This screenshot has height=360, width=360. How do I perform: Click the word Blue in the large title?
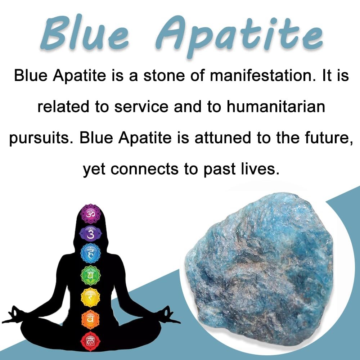(x=85, y=33)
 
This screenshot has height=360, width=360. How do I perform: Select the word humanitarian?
(x=276, y=107)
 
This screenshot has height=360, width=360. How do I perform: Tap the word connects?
(x=144, y=169)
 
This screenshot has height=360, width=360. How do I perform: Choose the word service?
(x=141, y=107)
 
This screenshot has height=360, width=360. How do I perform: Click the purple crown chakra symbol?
(x=90, y=213)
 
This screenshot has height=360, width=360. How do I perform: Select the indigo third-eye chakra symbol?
(x=90, y=234)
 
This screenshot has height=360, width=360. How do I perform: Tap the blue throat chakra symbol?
(x=90, y=253)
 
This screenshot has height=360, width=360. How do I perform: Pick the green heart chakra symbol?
(x=90, y=275)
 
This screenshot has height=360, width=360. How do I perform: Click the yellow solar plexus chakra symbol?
(x=90, y=297)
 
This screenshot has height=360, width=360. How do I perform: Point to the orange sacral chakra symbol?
(x=90, y=319)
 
